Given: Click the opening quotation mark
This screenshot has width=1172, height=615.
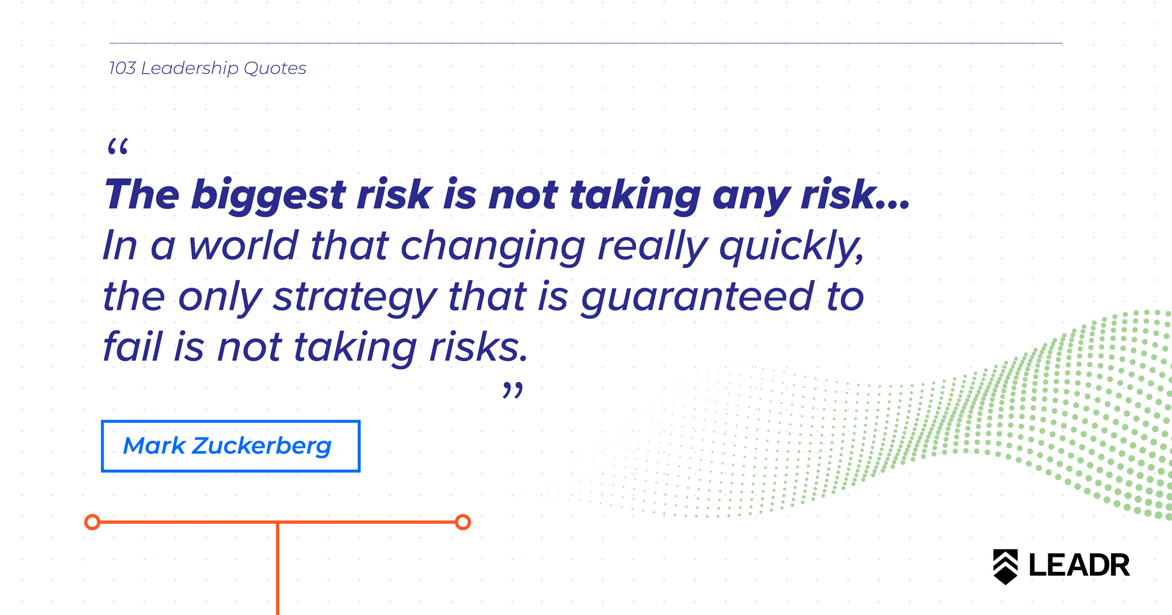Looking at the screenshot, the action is click(x=118, y=146).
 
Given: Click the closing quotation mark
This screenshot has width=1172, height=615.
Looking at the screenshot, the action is click(x=512, y=390).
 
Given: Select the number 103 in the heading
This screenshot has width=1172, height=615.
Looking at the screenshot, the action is click(x=122, y=68).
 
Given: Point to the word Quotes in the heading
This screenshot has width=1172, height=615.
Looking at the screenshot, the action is click(x=275, y=68).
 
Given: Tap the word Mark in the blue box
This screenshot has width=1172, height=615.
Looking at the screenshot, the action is click(x=154, y=445).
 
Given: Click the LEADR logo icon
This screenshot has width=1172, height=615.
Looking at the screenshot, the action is click(x=1006, y=567).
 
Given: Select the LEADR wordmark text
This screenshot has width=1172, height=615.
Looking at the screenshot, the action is click(x=1079, y=566).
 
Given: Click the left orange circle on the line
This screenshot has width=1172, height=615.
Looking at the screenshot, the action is click(x=92, y=522).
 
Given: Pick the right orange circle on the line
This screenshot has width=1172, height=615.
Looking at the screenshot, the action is click(x=463, y=522).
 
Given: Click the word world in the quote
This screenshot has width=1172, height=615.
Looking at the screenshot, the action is click(x=243, y=245).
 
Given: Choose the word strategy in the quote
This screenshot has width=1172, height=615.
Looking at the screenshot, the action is click(x=355, y=298).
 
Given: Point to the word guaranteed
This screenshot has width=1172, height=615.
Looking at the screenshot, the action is click(x=697, y=298).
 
